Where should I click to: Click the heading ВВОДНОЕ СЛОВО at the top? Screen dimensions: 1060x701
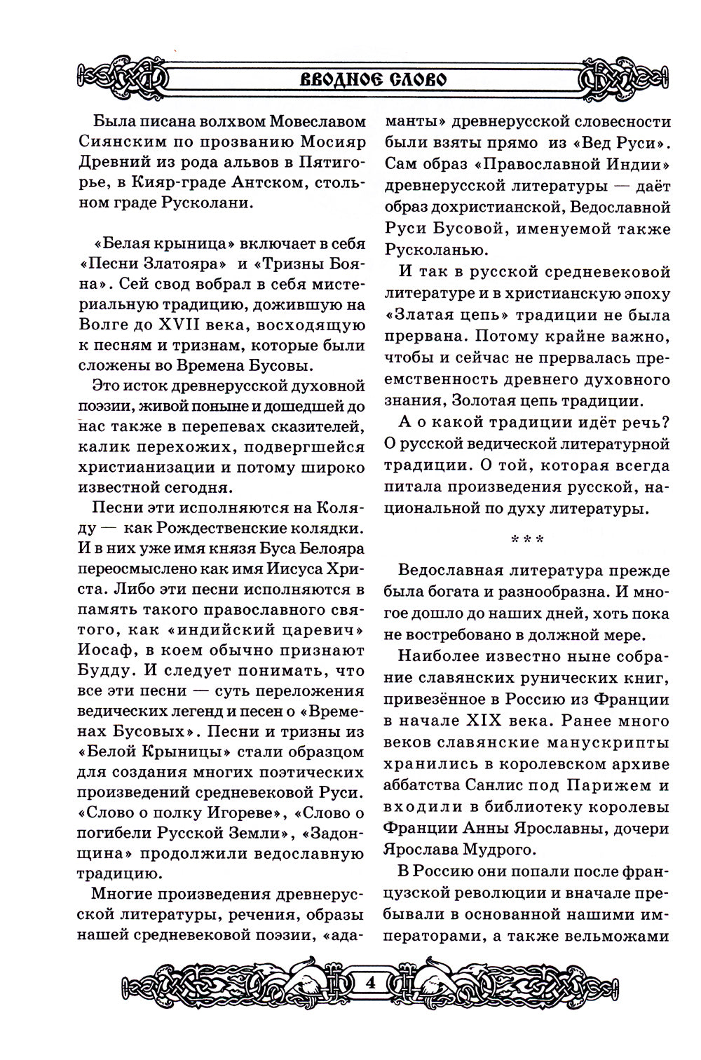[373, 77]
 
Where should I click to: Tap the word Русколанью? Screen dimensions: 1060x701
[433, 250]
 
